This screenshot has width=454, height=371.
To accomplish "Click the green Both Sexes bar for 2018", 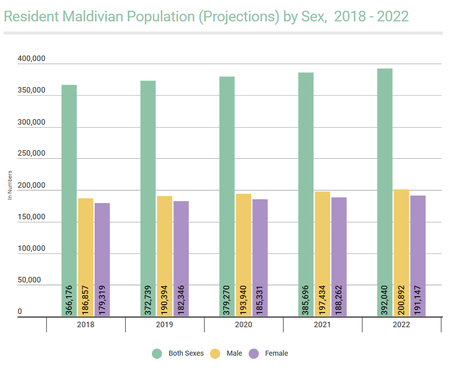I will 69,178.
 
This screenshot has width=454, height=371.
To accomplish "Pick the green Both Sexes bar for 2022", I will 385,173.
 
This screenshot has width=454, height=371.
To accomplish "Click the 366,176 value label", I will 69,300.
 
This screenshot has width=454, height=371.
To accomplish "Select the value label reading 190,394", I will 164,300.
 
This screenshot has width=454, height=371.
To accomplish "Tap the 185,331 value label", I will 260,300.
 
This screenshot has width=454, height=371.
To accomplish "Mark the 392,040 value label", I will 385,300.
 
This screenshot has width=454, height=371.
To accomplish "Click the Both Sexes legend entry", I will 186,353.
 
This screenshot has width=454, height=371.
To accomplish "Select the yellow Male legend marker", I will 215,354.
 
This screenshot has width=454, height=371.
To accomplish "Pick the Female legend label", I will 276,353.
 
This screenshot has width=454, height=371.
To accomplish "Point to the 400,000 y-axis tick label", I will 32,59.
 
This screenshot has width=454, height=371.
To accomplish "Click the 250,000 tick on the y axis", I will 32,154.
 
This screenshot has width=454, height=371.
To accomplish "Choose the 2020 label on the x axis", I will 244,325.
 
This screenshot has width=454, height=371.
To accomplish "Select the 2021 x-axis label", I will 323,325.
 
